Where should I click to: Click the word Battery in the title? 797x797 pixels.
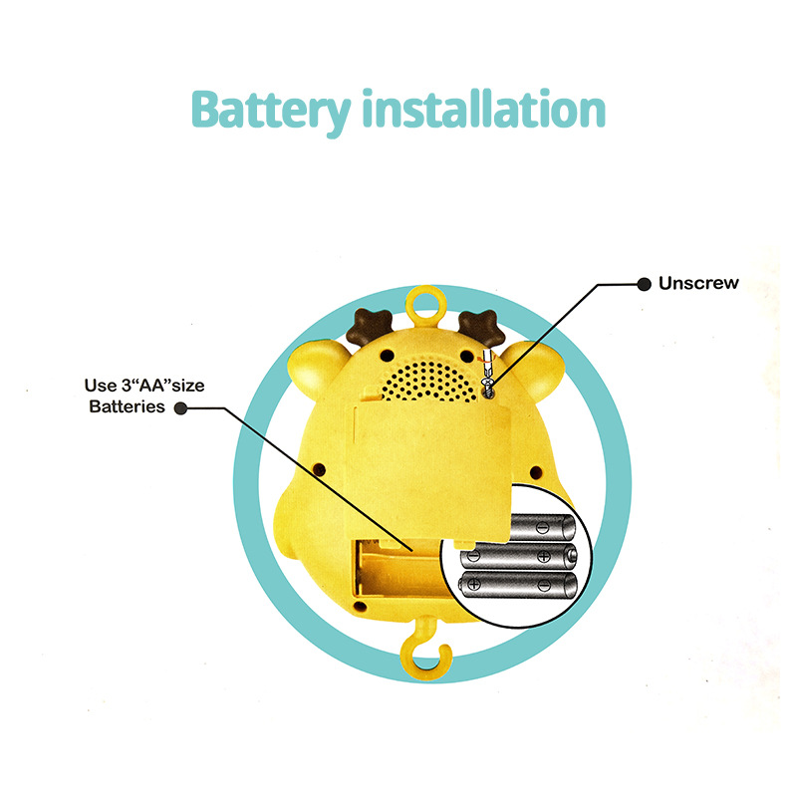coord(269,110)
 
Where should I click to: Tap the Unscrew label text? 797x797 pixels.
coord(698,283)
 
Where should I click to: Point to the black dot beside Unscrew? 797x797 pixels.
coord(644,284)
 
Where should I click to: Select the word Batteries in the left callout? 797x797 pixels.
coord(128,406)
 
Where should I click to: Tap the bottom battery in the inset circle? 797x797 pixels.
coord(518,584)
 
